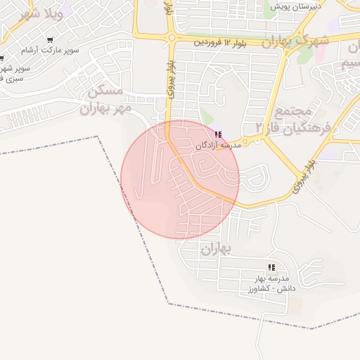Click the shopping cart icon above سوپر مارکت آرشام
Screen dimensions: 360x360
[50, 40]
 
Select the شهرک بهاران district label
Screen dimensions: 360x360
[295, 41]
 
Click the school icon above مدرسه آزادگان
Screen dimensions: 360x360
[218, 134]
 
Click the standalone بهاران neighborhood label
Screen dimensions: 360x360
[217, 249]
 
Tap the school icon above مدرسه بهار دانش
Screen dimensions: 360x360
[271, 267]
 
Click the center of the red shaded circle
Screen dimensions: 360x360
[180, 179]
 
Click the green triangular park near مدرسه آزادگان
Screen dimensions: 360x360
[205, 117]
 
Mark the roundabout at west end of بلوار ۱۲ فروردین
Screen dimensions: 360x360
[171, 37]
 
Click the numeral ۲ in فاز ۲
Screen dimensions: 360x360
[259, 127]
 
